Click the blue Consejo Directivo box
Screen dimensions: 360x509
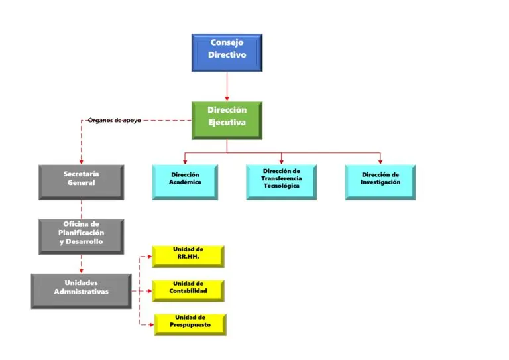[227, 52]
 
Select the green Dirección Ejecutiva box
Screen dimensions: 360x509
[227, 119]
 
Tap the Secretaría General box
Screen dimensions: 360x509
[81, 182]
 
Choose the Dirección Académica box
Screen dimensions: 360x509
[185, 181]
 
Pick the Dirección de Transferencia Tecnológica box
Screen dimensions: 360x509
[281, 181]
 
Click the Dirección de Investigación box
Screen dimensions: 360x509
[380, 181]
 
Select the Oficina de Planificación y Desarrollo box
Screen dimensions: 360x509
[81, 236]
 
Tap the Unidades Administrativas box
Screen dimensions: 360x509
[81, 290]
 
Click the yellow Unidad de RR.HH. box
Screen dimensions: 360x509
[188, 256]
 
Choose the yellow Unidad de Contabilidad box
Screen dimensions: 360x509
[188, 290]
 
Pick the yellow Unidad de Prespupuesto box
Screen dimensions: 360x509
[190, 324]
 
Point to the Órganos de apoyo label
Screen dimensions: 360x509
[114, 120]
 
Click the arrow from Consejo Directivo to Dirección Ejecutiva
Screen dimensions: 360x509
[227, 86]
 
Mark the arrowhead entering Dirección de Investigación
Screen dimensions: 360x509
[380, 161]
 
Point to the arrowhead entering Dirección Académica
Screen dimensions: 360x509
[185, 161]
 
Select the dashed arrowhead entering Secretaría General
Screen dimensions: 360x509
[81, 162]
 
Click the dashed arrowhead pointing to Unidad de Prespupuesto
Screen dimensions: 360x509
[150, 324]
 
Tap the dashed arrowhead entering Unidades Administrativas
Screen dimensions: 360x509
[81, 270]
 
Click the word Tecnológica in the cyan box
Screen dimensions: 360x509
[281, 186]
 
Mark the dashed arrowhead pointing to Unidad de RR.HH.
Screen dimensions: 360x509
[150, 256]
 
